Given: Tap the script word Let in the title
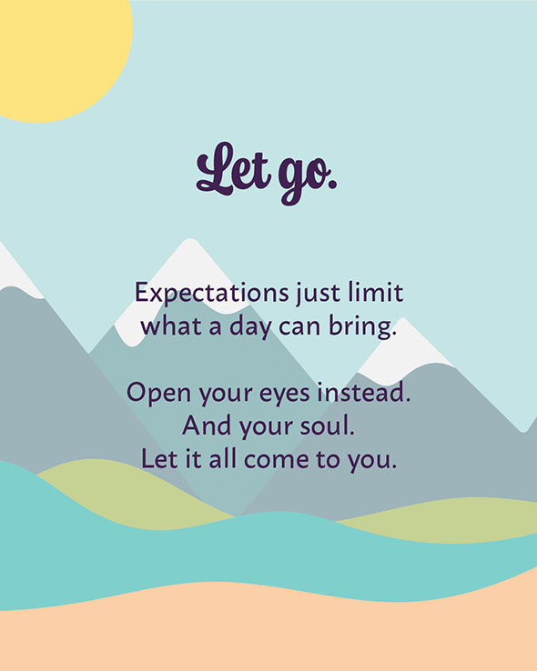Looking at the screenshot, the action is (233, 169).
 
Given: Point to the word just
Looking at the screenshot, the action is (318, 295).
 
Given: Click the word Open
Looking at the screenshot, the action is (158, 394).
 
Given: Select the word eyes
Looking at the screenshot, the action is (284, 395).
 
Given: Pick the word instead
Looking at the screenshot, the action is (363, 392).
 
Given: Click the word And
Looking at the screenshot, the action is (208, 426).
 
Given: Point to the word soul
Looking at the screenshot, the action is (327, 426).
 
